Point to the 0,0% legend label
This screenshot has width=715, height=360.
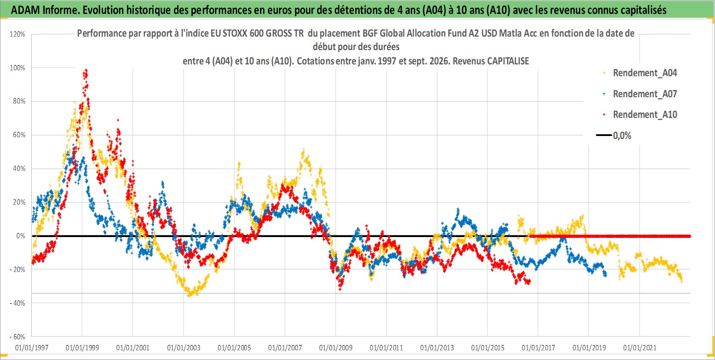point(622,136)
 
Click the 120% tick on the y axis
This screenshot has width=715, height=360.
point(18,34)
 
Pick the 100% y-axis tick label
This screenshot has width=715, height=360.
point(18,68)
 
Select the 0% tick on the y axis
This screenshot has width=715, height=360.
point(21,236)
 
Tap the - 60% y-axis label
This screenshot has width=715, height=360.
point(18,337)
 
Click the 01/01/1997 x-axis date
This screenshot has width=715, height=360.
point(32,347)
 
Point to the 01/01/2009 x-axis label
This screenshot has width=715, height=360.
point(336,347)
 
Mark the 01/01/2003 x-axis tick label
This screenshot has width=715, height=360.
point(184,347)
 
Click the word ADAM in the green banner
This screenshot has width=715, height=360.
point(26,10)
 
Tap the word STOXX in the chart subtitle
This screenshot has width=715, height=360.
point(235,33)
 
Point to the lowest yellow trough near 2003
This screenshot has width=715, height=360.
point(189,295)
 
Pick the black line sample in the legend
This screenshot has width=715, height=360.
point(603,135)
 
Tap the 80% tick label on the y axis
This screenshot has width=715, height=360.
point(19,101)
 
